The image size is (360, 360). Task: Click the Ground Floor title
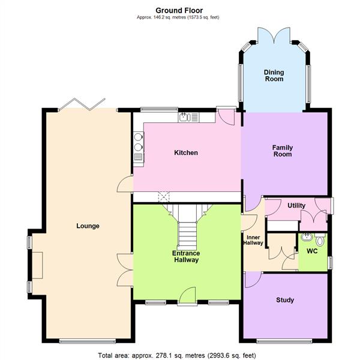pyautogui.click(x=179, y=10)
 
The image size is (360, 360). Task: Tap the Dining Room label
pyautogui.click(x=274, y=76)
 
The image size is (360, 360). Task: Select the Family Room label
pyautogui.click(x=282, y=151)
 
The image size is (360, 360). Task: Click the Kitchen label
pyautogui.click(x=186, y=153)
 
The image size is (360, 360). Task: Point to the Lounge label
pyautogui.click(x=88, y=226)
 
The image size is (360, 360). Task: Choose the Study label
pyautogui.click(x=285, y=300)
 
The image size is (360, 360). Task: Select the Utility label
pyautogui.click(x=296, y=206)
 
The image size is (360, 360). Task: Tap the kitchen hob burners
pyautogui.click(x=139, y=142)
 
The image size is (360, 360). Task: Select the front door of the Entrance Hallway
pyautogui.click(x=188, y=295)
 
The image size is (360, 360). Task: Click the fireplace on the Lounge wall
pyautogui.click(x=37, y=265)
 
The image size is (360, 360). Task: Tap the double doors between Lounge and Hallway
pyautogui.click(x=125, y=269)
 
